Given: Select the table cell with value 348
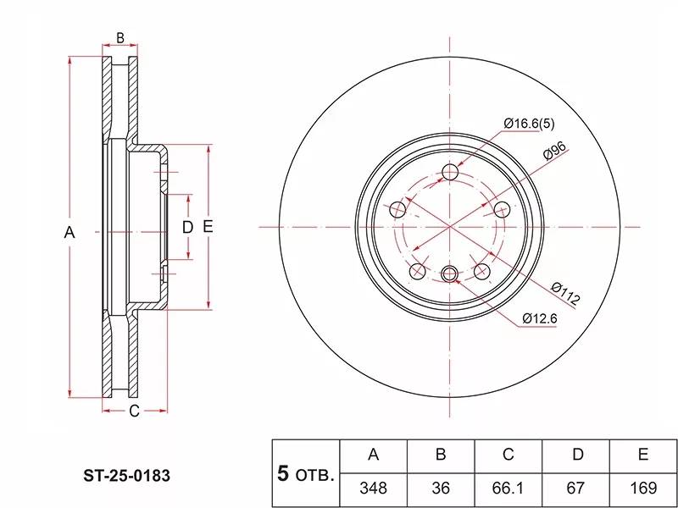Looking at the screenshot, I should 373,488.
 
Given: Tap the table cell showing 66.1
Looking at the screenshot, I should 508,488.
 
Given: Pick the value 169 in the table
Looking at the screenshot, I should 643,488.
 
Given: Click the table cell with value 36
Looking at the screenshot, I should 441,488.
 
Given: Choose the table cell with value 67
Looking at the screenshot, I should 576,488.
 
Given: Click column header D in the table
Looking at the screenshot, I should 576,455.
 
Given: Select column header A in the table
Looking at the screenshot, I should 373,455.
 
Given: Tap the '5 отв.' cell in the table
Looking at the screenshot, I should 305,472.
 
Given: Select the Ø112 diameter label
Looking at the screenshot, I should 565,292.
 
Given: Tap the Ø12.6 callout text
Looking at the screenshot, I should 539,318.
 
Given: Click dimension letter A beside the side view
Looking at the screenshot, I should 70,232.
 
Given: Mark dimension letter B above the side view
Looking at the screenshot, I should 120,37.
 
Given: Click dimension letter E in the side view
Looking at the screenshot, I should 208,227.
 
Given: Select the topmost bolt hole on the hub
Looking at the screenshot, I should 450,174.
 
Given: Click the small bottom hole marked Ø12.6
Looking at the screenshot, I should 450,273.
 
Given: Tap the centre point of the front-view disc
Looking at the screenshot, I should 450,227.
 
